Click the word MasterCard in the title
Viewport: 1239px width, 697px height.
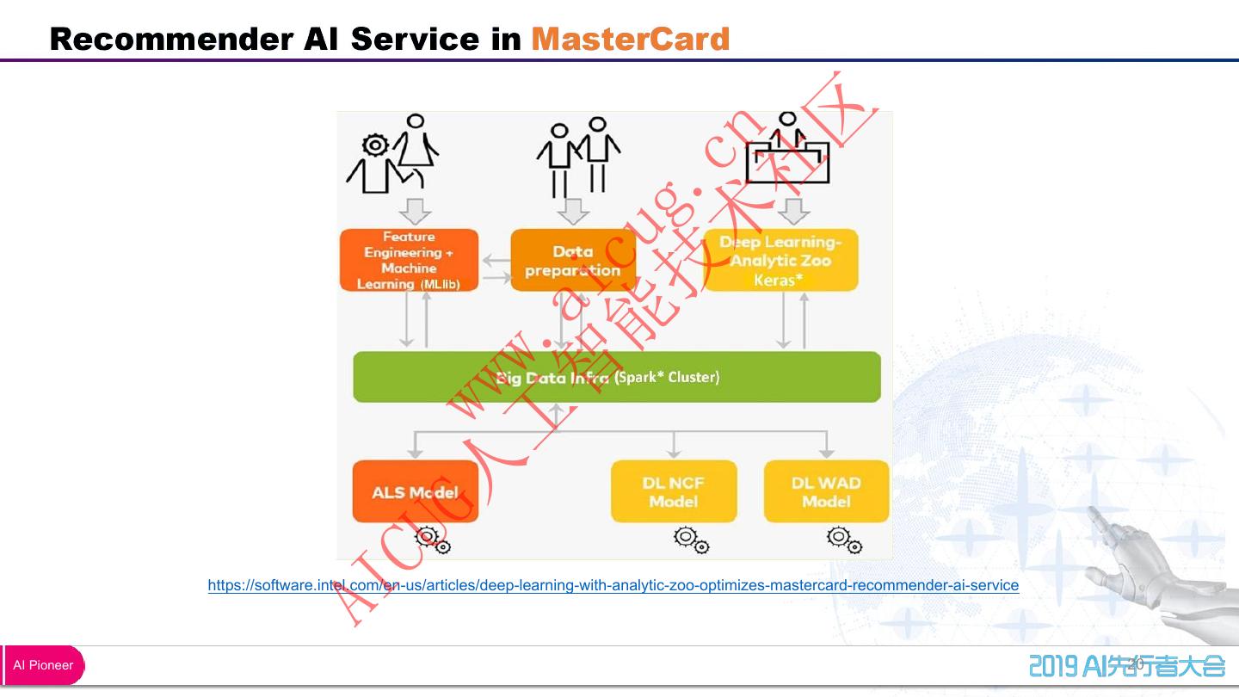[x=631, y=39]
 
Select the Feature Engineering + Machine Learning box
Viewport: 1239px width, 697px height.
[x=409, y=260]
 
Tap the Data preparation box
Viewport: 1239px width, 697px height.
[x=573, y=260]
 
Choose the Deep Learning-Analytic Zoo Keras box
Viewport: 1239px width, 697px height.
[x=780, y=260]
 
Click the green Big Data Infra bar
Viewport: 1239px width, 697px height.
[x=617, y=377]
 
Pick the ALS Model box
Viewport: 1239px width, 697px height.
[x=415, y=492]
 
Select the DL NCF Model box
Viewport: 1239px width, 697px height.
[x=674, y=492]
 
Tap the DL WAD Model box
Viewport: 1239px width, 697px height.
[x=826, y=492]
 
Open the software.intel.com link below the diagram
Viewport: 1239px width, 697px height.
[x=613, y=586]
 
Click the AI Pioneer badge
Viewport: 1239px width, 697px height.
[x=43, y=665]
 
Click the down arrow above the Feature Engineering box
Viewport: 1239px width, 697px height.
[x=415, y=211]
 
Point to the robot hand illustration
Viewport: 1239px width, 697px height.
[x=1153, y=568]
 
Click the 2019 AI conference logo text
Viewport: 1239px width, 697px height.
[x=1127, y=666]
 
